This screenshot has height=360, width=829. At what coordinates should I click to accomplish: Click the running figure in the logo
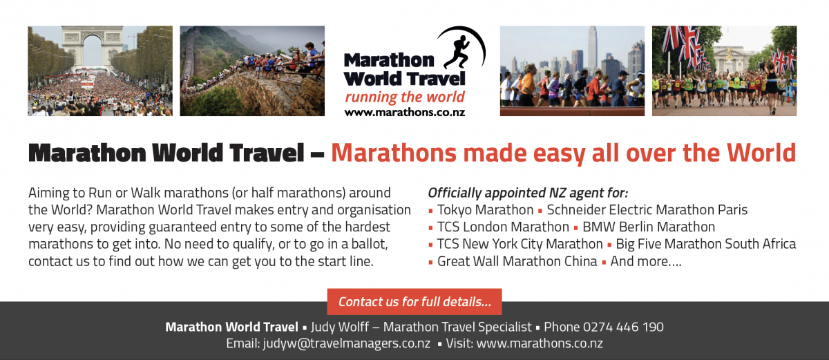[x=457, y=51]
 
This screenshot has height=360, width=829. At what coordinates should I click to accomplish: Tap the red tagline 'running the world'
[x=405, y=97]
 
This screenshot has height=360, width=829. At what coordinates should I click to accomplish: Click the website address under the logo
[x=405, y=113]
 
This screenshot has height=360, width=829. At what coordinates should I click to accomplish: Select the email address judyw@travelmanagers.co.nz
[x=346, y=343]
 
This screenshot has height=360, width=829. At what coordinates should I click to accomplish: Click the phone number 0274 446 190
[x=623, y=327]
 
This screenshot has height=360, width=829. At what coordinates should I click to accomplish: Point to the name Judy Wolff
[x=340, y=327]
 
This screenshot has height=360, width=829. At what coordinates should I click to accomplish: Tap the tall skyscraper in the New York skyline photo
[x=592, y=48]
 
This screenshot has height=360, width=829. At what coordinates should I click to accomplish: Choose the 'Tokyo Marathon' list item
[x=485, y=210]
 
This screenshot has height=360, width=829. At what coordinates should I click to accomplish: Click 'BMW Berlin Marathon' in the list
[x=649, y=227]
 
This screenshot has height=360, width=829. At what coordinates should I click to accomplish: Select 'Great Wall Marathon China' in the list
[x=517, y=261]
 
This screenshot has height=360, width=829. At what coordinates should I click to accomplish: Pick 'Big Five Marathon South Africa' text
[x=706, y=244]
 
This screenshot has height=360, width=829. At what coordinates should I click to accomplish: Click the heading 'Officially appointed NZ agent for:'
[x=528, y=193]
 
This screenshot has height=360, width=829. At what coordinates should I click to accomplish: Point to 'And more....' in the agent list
[x=645, y=261]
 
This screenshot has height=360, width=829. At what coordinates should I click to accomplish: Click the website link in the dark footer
[x=540, y=343]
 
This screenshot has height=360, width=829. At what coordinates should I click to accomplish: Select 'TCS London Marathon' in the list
[x=503, y=227]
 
